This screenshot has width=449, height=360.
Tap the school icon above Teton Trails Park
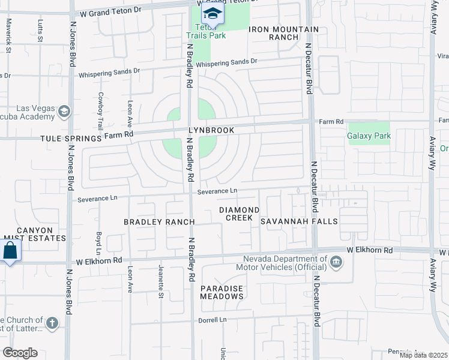212,13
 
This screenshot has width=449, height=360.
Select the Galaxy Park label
369,136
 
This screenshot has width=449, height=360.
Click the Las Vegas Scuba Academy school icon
64,111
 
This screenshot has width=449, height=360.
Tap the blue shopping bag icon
10,251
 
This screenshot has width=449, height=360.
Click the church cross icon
52,324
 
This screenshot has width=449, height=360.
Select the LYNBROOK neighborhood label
211,130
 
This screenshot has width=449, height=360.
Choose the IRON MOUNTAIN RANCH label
284,33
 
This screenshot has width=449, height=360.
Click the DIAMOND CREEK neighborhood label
239,214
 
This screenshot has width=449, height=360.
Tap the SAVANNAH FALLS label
299,221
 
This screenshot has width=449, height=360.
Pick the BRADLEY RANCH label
159,222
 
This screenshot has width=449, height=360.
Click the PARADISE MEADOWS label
221,292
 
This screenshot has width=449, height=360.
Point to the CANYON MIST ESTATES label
34,234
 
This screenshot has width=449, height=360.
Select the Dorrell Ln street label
213,320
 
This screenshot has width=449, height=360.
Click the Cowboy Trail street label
101,111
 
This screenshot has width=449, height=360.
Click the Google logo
20,353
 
